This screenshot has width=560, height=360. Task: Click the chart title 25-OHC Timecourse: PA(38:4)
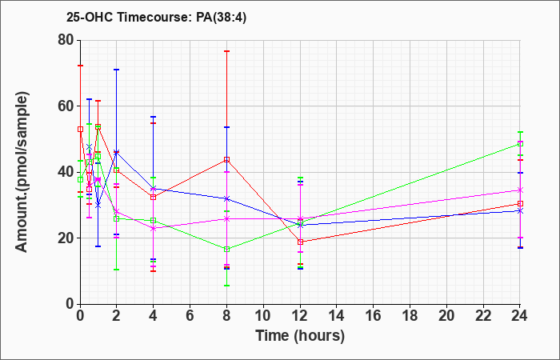pyautogui.click(x=157, y=18)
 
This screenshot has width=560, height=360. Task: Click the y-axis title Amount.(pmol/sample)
pyautogui.click(x=22, y=172)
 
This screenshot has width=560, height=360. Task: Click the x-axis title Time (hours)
pyautogui.click(x=300, y=336)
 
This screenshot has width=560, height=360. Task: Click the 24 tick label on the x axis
pyautogui.click(x=519, y=316)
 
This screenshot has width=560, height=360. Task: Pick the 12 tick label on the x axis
pyautogui.click(x=300, y=316)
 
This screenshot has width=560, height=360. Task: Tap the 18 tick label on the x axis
pyautogui.click(x=410, y=316)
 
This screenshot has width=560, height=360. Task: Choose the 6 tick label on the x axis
pyautogui.click(x=190, y=316)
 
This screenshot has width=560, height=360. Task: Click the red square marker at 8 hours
pyautogui.click(x=226, y=160)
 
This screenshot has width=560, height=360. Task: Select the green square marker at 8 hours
pyautogui.click(x=226, y=250)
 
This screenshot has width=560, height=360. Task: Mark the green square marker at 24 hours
pyautogui.click(x=520, y=143)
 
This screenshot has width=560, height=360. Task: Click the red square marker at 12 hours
pyautogui.click(x=300, y=242)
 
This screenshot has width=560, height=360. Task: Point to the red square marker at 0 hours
pyautogui.click(x=80, y=130)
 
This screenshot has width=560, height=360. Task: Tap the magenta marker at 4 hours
pyautogui.click(x=154, y=228)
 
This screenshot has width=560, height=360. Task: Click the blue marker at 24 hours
pyautogui.click(x=520, y=211)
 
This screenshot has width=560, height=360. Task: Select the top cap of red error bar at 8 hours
pyautogui.click(x=226, y=51)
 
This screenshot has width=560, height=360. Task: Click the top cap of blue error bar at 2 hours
pyautogui.click(x=117, y=70)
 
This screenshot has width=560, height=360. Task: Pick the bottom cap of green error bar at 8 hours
pyautogui.click(x=226, y=286)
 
